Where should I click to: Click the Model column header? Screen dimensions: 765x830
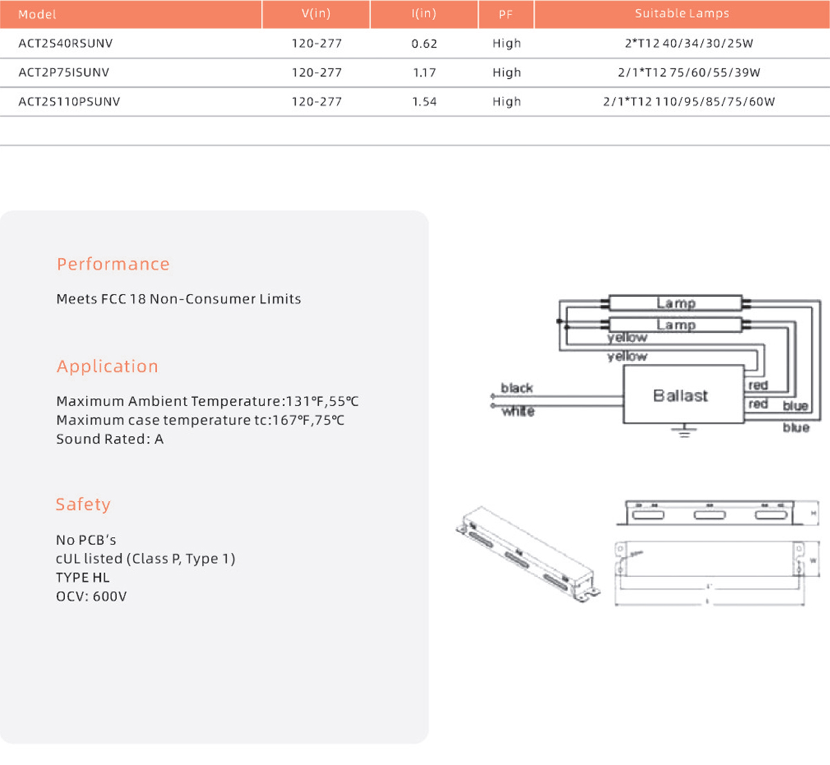pos(37,15)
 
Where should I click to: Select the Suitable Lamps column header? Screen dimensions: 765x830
pos(681,14)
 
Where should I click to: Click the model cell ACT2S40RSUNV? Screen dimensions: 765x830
pos(66,44)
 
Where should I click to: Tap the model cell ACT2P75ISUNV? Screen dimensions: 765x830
pos(64,73)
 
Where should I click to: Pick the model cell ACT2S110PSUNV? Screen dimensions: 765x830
pos(69,102)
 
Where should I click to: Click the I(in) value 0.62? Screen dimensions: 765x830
pos(424,44)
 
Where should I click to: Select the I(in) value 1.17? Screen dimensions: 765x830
pos(424,73)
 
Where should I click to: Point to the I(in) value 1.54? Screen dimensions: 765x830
pos(424,102)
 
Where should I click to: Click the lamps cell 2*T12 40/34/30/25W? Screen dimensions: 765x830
pos(688,44)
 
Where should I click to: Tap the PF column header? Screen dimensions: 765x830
pos(506,15)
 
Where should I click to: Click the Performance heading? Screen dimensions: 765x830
pos(113,264)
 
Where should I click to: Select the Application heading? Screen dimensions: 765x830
pos(107,366)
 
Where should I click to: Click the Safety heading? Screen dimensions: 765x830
pos(83,504)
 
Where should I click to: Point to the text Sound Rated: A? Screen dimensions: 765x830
pos(110,440)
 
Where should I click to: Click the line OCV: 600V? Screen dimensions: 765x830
pos(91,596)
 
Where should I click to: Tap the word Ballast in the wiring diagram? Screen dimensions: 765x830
pos(681,396)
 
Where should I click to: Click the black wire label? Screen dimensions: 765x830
pos(517,388)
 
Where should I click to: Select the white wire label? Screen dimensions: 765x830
pos(518,411)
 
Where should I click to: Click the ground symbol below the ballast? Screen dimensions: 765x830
pos(684,432)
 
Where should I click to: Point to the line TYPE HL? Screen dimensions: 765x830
pos(82,578)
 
